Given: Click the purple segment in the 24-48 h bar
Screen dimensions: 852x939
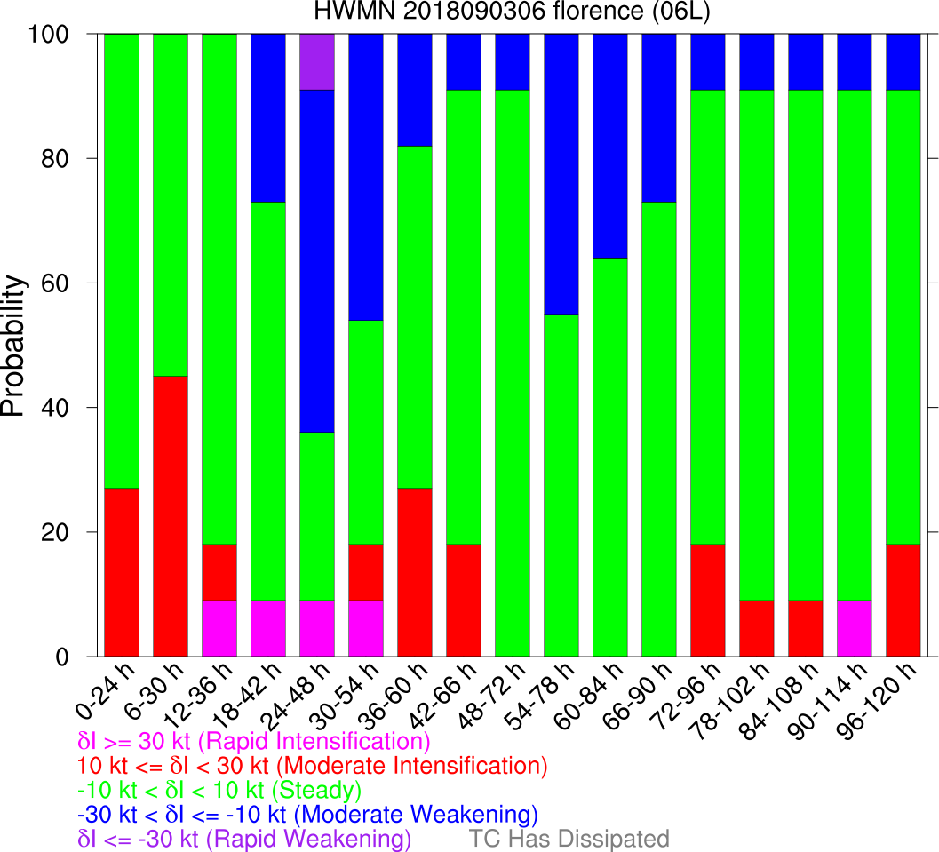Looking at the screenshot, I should click(x=317, y=61).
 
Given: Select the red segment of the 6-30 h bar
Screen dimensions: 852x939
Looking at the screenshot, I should click(x=171, y=516).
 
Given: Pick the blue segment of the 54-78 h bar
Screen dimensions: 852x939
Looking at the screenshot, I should click(x=561, y=174).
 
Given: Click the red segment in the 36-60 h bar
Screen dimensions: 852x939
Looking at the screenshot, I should click(x=415, y=572).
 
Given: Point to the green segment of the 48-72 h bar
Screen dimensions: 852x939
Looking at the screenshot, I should click(x=513, y=373).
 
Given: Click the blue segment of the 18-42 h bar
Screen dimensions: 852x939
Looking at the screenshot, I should click(x=268, y=118).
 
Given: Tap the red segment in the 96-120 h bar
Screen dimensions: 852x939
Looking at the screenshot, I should click(x=903, y=601).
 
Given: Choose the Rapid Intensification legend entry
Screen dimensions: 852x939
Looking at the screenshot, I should click(x=254, y=741).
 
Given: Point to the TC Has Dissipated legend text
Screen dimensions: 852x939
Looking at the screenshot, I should click(x=569, y=839).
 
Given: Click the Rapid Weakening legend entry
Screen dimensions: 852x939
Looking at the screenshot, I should click(x=245, y=839).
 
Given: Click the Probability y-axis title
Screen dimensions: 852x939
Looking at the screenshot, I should click(x=15, y=346).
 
